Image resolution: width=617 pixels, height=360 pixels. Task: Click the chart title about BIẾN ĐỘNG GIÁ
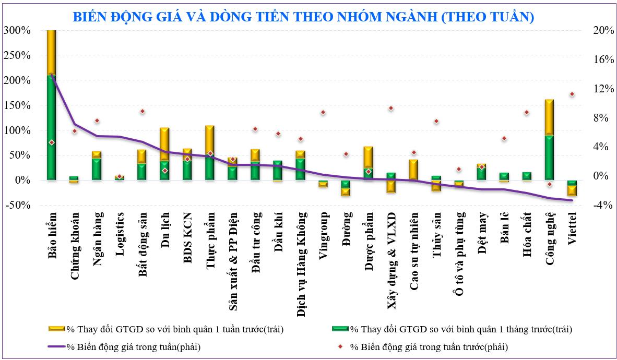tap(303, 17)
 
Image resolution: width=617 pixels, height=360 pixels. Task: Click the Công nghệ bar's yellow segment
tap(549, 117)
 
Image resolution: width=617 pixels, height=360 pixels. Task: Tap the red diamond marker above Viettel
tap(572, 94)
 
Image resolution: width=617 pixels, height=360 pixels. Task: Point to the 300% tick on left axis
tap(17, 30)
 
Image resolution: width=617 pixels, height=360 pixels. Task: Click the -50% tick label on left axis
tap(17, 205)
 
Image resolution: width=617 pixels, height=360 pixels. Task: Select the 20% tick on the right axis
tap(603, 30)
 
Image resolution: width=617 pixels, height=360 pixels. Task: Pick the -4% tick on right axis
tap(603, 205)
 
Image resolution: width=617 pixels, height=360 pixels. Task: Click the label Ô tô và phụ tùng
tap(459, 253)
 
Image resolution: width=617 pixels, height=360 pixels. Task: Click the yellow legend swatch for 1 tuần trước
tap(56, 329)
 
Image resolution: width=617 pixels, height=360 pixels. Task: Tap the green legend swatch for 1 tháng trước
tap(340, 329)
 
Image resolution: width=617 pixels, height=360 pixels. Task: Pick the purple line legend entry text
tap(134, 346)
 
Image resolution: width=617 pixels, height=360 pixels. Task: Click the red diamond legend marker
tap(340, 346)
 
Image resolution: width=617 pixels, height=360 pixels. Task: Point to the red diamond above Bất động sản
tap(142, 111)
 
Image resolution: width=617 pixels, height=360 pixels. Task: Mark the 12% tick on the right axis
tap(603, 89)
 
